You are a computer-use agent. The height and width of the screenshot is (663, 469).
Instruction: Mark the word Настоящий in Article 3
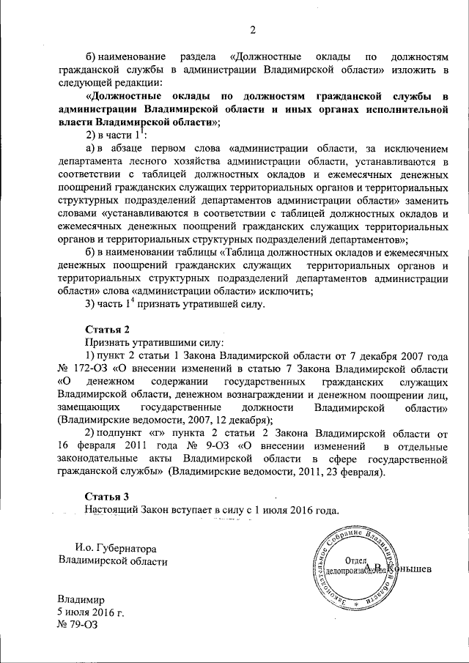click(x=111, y=510)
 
